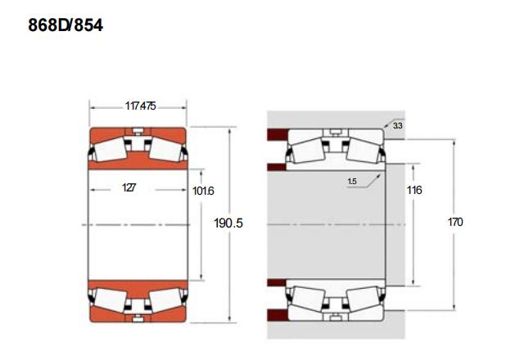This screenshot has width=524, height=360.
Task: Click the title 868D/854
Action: click(x=65, y=25)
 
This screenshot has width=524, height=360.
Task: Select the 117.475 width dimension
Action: click(x=140, y=106)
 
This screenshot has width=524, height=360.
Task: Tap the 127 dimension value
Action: click(x=129, y=187)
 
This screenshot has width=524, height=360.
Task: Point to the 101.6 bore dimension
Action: click(x=203, y=191)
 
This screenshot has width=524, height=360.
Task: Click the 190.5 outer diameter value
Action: click(x=228, y=223)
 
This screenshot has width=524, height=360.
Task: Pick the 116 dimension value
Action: click(x=414, y=190)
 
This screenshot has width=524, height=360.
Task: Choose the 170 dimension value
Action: click(x=455, y=222)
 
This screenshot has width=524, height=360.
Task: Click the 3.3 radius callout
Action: click(x=398, y=126)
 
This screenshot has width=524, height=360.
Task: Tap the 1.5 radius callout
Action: click(x=352, y=182)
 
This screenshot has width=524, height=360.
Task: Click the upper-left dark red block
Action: click(x=278, y=134)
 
